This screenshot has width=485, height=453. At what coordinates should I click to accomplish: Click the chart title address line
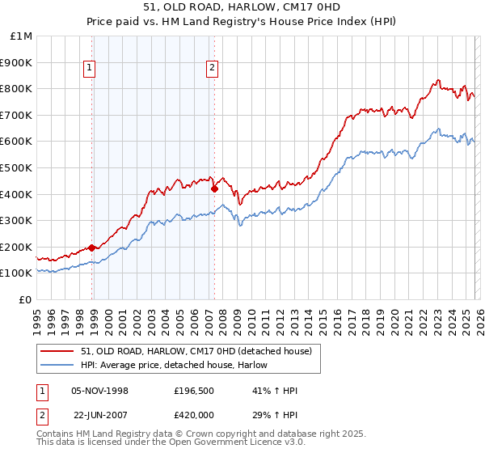point(242,7)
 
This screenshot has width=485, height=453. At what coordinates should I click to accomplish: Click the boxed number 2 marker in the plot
point(212,69)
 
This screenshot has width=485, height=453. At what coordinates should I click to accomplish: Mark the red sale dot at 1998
point(92,248)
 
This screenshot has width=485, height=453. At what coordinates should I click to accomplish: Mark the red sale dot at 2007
point(215,188)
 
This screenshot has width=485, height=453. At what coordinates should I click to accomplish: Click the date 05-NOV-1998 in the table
point(100,391)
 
